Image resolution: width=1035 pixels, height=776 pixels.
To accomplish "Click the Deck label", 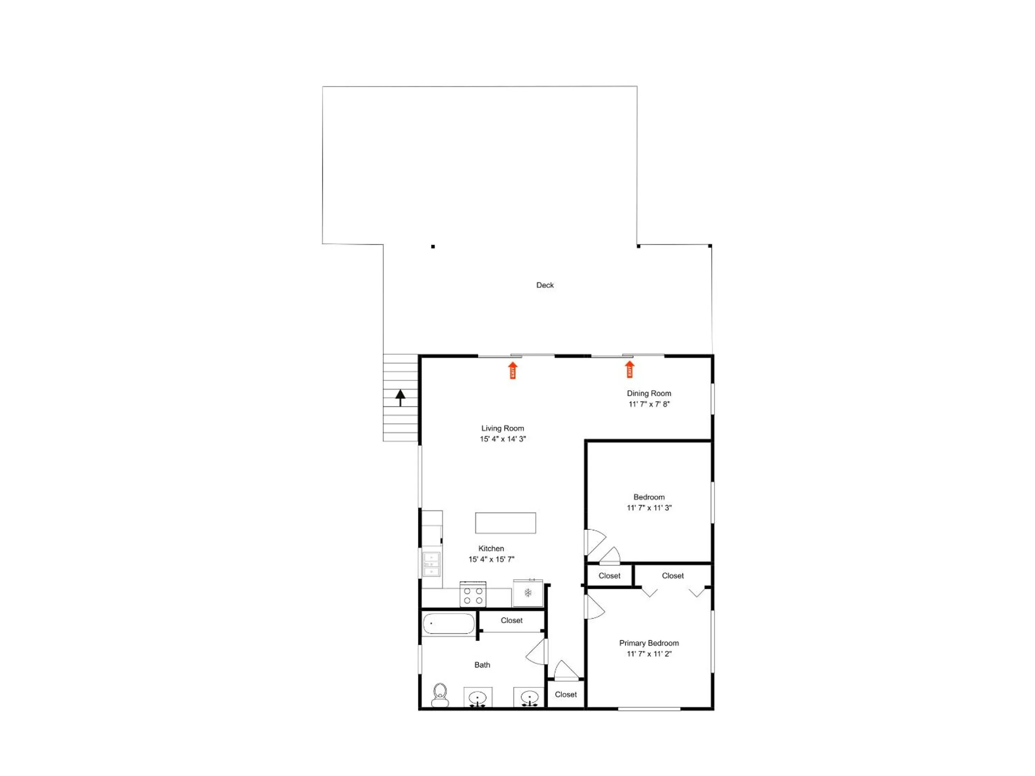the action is (x=545, y=285).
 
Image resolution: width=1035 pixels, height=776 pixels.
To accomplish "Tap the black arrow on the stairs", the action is (x=400, y=398).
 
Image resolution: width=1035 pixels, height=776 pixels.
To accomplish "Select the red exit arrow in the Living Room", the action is (x=513, y=370).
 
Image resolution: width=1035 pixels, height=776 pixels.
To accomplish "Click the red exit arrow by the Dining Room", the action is (x=630, y=369).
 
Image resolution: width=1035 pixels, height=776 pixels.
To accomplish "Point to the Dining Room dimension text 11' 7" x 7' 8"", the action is (x=649, y=404).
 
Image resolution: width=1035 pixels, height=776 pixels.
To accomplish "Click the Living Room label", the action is (x=502, y=428).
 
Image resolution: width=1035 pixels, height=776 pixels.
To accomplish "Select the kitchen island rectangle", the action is (x=505, y=523).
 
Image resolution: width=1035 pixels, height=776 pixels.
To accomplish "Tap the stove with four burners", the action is (x=473, y=594).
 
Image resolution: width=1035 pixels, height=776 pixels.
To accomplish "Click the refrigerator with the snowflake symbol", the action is (x=528, y=593).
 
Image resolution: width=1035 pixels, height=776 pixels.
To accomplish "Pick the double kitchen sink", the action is (x=431, y=564).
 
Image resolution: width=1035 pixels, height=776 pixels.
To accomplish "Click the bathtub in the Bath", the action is (x=448, y=624).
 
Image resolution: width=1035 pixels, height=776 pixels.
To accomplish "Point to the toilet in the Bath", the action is (x=440, y=695).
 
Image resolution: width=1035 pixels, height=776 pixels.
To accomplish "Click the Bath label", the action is (x=482, y=665).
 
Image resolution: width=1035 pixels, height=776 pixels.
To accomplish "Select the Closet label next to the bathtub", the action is (x=511, y=620).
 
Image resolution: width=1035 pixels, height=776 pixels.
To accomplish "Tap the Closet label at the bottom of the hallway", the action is (x=566, y=694).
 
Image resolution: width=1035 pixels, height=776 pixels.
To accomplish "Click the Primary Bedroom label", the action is (x=649, y=643).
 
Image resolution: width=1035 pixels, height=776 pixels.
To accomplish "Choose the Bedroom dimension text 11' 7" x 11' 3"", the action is (x=649, y=508).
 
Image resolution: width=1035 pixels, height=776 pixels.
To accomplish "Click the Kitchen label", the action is (x=491, y=548).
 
